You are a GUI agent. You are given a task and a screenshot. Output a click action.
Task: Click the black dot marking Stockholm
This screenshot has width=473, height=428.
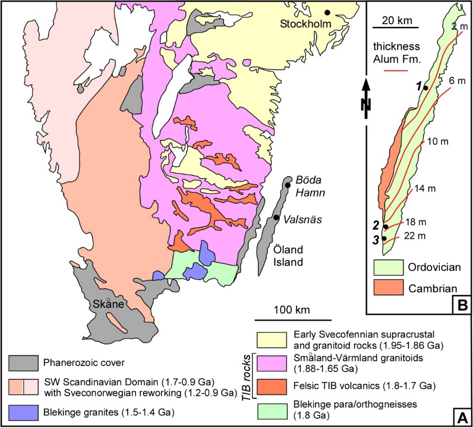pos(327,12)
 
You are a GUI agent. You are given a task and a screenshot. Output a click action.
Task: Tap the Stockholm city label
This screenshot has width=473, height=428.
pos(305,24)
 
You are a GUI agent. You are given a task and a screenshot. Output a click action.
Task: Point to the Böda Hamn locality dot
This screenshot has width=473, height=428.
pos(288,185)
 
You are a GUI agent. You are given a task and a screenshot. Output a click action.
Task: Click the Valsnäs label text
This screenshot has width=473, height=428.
pos(302,219)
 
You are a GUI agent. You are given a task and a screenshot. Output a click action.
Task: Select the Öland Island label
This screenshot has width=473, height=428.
pos(288,256)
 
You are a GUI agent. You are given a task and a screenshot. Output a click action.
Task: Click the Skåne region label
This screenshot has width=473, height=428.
pos(108,304)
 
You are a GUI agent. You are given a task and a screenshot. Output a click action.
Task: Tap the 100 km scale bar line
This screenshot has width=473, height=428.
pos(293,320)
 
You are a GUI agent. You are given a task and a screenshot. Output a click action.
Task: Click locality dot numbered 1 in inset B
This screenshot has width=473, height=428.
pos(426,88)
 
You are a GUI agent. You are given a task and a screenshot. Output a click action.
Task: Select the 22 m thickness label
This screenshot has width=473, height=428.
pos(415,236)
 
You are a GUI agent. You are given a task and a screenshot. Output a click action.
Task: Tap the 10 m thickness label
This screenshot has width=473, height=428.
pos(438,142)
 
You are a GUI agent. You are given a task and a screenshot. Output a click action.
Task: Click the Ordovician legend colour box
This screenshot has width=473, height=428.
pos(388,267)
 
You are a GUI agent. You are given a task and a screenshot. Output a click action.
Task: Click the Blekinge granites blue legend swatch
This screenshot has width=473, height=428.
pos(23,413)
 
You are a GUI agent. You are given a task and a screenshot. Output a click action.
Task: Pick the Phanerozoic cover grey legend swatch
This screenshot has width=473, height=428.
pos(23,363)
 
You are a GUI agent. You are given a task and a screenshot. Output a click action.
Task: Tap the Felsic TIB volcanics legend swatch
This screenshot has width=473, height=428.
pos(271,386)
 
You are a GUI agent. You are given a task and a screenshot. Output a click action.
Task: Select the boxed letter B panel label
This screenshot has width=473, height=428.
pos(462,305)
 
